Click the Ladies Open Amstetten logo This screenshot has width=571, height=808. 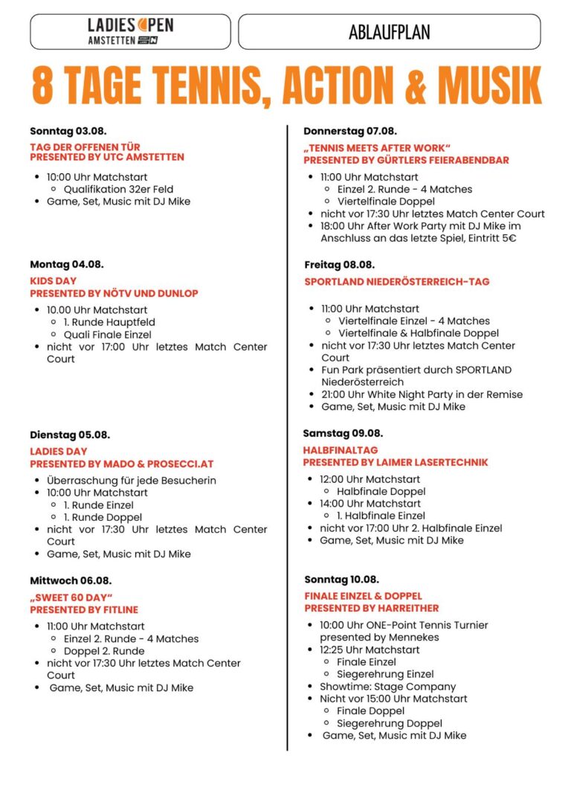click(130, 32)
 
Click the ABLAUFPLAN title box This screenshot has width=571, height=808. click(389, 32)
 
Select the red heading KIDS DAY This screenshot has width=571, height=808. click(54, 281)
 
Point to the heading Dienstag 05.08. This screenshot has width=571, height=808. click(70, 435)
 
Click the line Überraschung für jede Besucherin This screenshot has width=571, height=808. click(132, 480)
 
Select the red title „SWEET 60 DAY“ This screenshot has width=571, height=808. click(71, 597)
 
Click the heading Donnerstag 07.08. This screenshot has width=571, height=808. click(350, 130)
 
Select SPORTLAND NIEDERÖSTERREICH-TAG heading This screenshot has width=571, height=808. click(397, 282)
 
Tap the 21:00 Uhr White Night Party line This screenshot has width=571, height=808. click(422, 394)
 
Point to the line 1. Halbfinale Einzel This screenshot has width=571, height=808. click(381, 516)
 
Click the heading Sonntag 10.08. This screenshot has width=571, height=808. click(341, 580)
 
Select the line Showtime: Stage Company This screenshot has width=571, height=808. click(388, 686)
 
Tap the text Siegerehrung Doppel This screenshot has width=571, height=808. click(389, 723)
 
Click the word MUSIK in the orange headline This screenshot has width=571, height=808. click(488, 86)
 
